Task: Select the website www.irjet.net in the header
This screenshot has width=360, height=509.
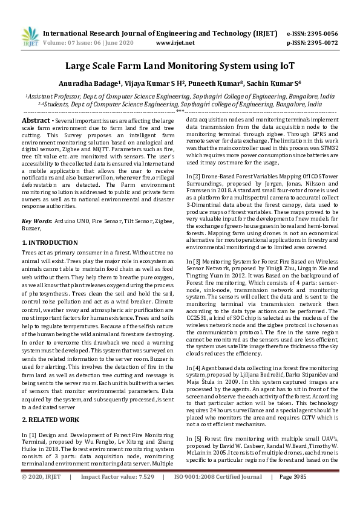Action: point(174,43)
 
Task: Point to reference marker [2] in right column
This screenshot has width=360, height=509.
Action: point(191,177)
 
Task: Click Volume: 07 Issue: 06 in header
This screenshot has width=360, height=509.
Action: point(79,43)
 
